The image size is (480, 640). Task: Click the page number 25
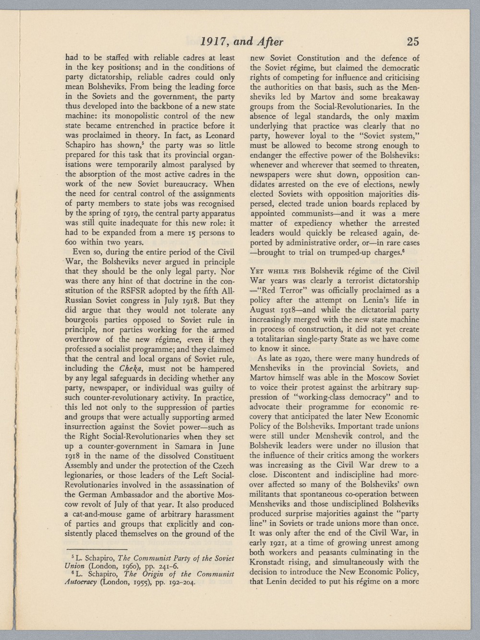tap(413, 42)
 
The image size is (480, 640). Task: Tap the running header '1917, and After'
tap(242, 42)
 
